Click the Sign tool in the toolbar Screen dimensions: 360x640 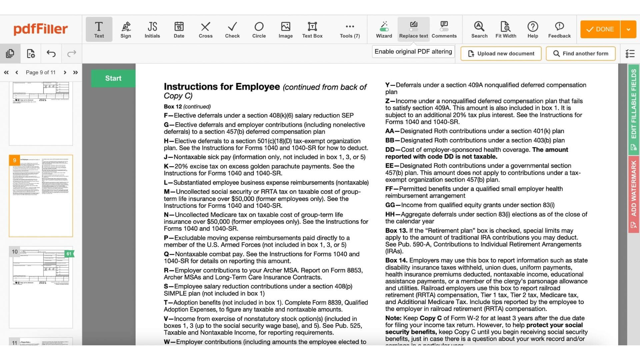(x=126, y=29)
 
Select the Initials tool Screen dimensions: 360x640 (x=152, y=29)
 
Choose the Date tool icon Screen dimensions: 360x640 (x=179, y=29)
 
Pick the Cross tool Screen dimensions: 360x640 (x=205, y=29)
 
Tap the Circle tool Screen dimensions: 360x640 (x=259, y=29)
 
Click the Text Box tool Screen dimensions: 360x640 (x=312, y=29)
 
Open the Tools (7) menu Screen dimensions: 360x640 (x=350, y=29)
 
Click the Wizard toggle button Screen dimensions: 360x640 (x=384, y=29)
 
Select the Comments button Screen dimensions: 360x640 (x=444, y=29)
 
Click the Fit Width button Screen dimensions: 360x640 (x=506, y=29)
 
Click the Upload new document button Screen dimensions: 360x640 (x=501, y=53)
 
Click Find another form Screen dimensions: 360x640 (x=580, y=53)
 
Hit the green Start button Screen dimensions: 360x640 (x=113, y=78)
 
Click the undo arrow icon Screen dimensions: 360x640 (x=51, y=53)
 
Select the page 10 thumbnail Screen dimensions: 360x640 (x=41, y=287)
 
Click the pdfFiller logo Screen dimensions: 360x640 (x=40, y=29)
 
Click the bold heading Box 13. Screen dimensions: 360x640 (x=396, y=231)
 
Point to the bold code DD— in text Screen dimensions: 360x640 (x=393, y=150)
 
